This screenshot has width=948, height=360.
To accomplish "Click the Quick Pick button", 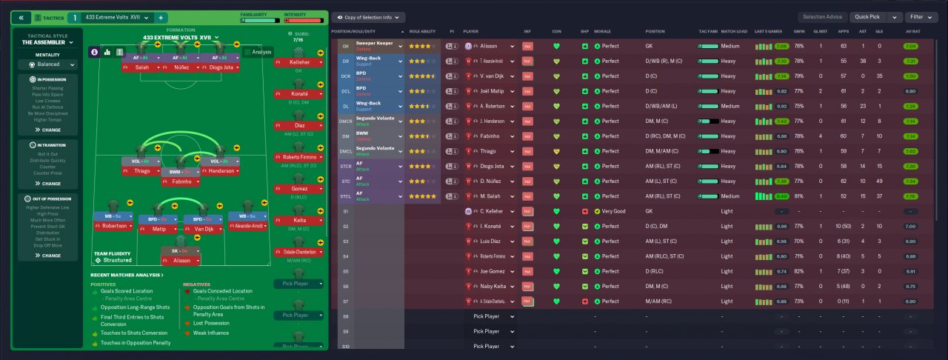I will click(869, 17).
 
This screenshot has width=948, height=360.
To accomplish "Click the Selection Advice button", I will click(822, 17).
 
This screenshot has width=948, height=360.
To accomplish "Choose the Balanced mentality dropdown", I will click(49, 64).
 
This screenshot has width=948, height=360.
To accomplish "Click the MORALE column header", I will click(602, 32).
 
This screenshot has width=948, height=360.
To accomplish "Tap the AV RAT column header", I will click(912, 32).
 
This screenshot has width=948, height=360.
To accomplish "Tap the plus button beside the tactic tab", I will click(161, 17).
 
